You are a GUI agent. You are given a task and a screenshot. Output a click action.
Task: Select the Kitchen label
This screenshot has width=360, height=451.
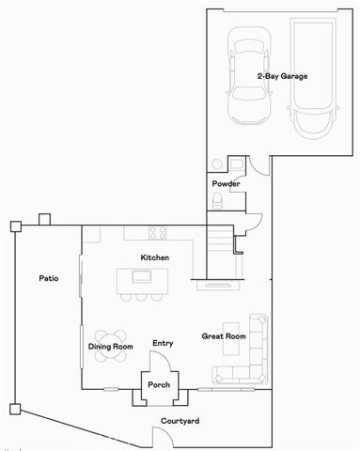click(x=154, y=257)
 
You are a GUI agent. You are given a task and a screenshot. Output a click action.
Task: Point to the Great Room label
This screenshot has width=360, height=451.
click(x=224, y=335)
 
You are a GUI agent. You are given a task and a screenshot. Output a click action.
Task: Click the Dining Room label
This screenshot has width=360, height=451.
click(x=111, y=347)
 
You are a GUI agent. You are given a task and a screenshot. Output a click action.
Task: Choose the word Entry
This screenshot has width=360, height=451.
click(x=163, y=343)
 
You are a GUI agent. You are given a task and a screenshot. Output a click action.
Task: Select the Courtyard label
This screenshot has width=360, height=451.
click(x=178, y=421)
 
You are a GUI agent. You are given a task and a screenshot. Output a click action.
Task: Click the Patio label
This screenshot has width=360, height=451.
click(x=50, y=278)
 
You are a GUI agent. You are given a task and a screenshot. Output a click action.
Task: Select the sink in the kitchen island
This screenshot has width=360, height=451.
click(x=142, y=276)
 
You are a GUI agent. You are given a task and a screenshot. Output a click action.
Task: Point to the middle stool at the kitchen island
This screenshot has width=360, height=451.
click(x=140, y=297)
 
